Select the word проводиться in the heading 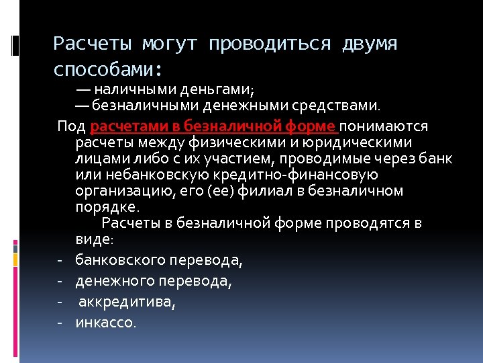(270, 44)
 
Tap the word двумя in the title (370, 44)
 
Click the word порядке (107, 207)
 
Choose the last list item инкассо (105, 323)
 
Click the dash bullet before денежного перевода (60, 280)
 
